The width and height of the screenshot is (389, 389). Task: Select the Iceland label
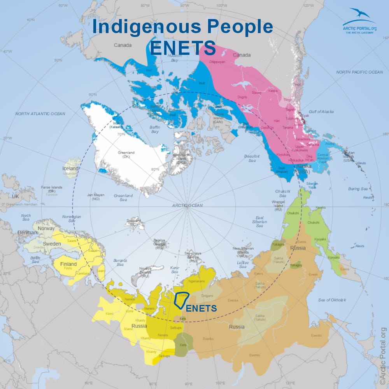[70, 169]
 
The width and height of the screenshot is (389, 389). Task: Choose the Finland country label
[68, 264]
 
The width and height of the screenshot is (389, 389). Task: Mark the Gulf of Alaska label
[321, 112]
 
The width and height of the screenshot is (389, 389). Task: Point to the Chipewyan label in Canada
[217, 62]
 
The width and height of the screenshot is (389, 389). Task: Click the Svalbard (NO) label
[133, 223]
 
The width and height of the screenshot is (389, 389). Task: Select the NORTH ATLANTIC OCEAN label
[40, 114]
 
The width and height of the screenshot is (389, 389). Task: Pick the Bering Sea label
[358, 189]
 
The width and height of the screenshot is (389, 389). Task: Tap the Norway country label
[46, 228]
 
